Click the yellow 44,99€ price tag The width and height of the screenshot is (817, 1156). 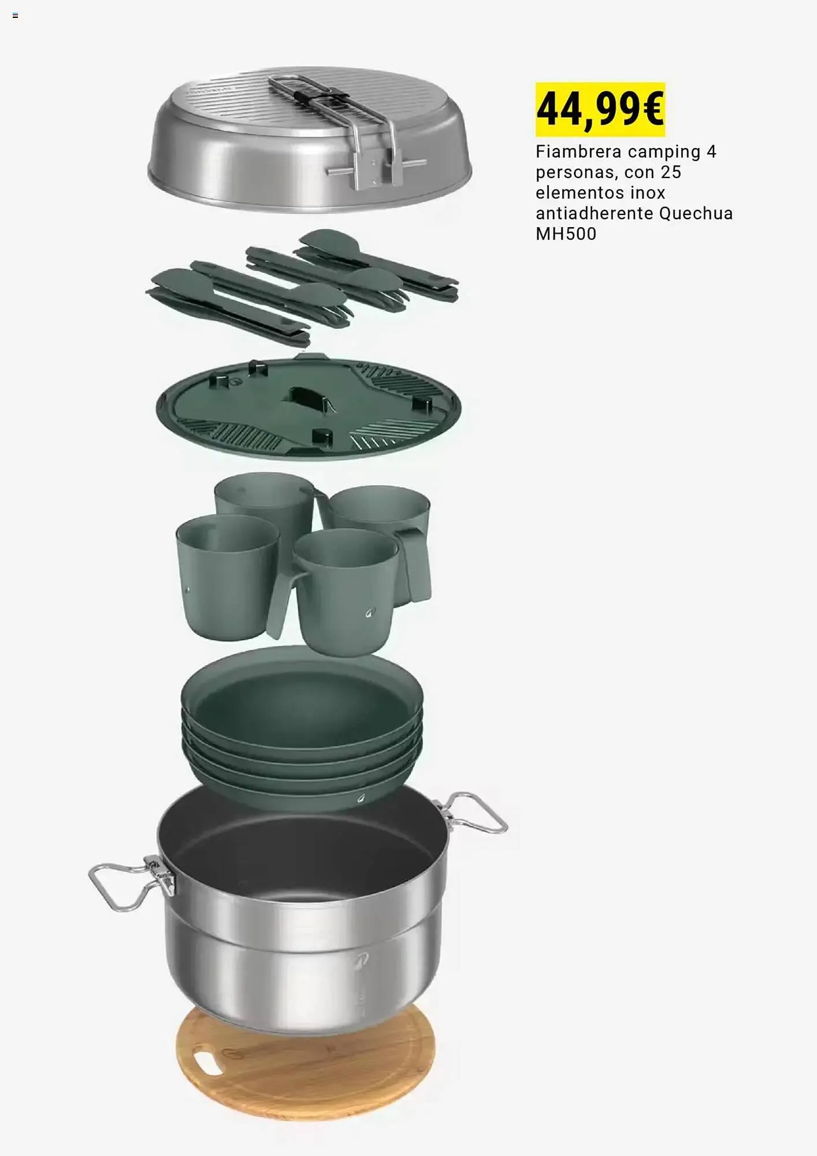[600, 109]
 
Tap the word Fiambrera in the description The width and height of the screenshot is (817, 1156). [579, 151]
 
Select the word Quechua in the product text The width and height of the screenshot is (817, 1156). [696, 213]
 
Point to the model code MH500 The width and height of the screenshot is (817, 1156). [566, 234]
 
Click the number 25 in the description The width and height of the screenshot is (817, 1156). [671, 172]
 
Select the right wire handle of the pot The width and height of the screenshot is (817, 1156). [471, 812]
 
